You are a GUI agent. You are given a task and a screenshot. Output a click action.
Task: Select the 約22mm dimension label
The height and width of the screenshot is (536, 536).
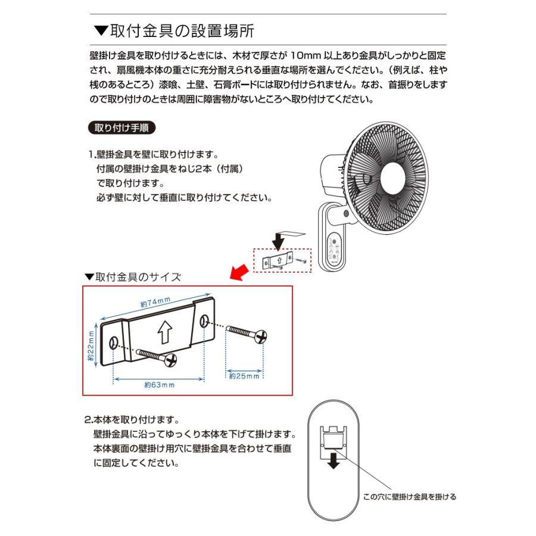(x=91, y=347)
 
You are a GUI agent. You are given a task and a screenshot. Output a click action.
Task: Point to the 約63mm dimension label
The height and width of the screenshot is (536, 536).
(x=159, y=385)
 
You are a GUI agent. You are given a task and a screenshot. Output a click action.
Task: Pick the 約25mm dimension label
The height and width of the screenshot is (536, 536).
(x=245, y=376)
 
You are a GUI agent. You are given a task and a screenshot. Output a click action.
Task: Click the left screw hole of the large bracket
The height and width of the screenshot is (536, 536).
(x=114, y=342)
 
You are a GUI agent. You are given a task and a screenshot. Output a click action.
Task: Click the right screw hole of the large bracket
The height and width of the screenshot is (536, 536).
(x=204, y=322)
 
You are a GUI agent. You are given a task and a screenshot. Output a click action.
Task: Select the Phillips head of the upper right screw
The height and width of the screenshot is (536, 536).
(x=261, y=337)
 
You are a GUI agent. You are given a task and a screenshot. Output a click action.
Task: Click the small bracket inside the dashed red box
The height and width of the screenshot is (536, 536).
(x=280, y=260)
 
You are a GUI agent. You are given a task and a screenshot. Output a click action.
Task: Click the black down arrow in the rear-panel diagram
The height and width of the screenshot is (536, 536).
(x=334, y=460)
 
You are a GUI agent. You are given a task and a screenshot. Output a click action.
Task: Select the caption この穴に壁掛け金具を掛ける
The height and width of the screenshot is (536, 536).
(x=409, y=497)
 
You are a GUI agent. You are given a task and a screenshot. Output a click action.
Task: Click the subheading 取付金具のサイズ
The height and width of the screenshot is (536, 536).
(x=133, y=277)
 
